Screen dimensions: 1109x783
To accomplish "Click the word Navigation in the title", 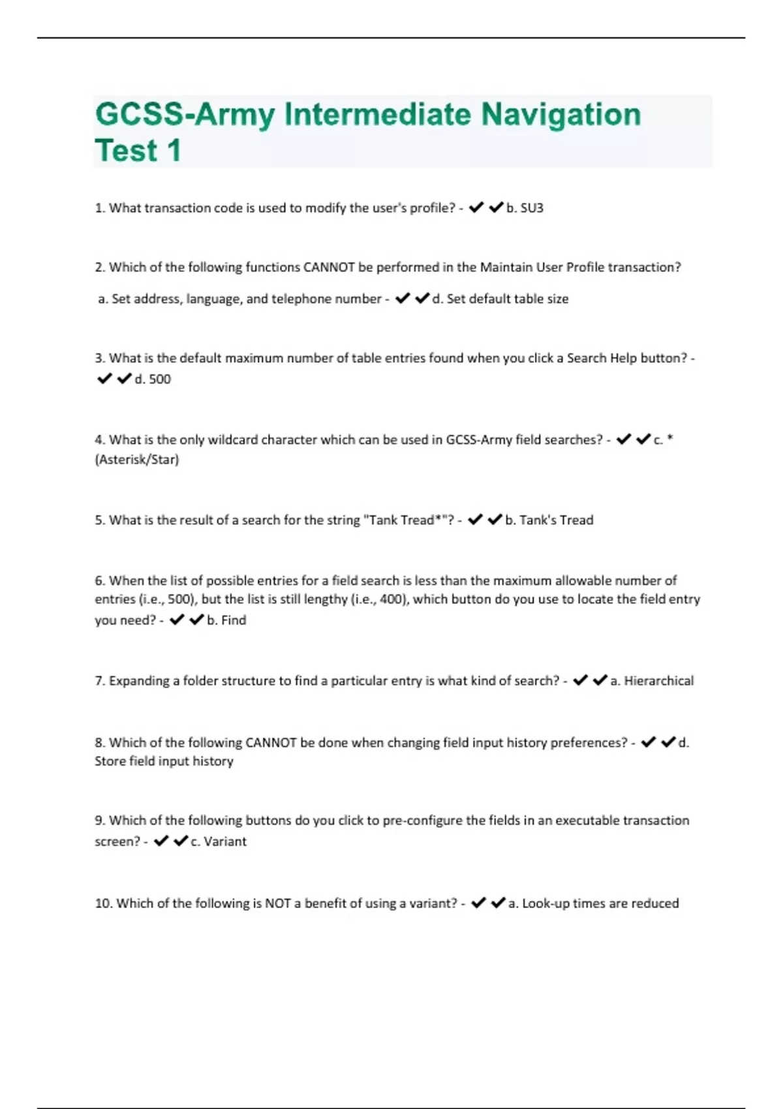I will (x=560, y=115).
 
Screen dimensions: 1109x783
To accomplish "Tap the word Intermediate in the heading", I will (x=378, y=115).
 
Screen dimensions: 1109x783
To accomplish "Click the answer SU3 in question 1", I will (x=532, y=208).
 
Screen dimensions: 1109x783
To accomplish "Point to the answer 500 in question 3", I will (x=160, y=379).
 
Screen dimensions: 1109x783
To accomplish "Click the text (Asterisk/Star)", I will (x=137, y=459).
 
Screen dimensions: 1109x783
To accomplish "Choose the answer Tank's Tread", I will (x=556, y=520).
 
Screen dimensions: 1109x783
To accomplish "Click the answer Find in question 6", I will (x=234, y=620).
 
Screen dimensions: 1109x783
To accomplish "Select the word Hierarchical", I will (x=658, y=681).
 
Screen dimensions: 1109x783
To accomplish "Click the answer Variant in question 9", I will (x=225, y=842).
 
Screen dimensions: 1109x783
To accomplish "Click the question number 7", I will (x=99, y=681).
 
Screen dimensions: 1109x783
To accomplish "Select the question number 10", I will (x=103, y=904).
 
